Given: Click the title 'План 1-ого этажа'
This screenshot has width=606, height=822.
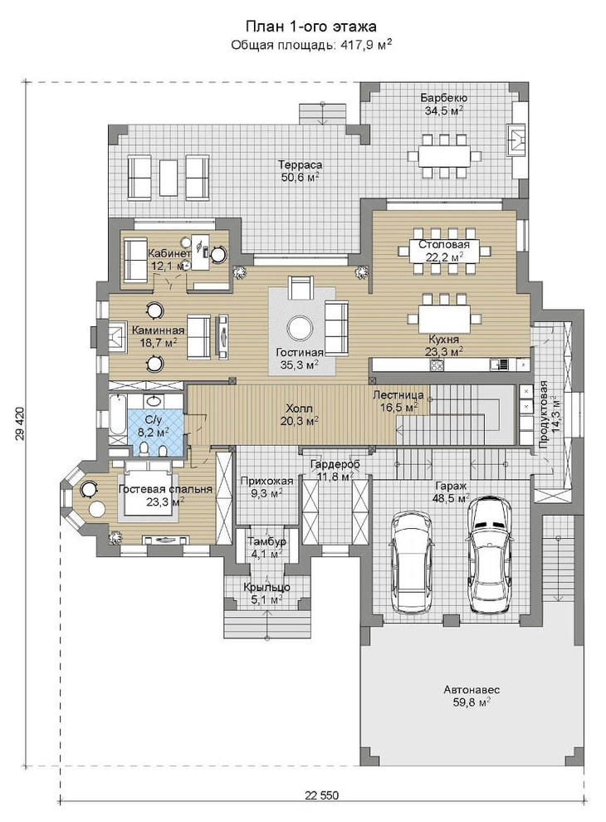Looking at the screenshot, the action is [310, 27].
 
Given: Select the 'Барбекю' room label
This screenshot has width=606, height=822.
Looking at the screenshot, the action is [444, 98].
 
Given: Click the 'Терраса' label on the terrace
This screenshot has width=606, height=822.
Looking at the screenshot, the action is [301, 164].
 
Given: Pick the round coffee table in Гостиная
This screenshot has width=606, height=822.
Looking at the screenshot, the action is [301, 329].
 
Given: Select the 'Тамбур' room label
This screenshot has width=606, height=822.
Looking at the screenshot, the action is [266, 541].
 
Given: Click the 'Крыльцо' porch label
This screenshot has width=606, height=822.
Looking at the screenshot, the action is [266, 587].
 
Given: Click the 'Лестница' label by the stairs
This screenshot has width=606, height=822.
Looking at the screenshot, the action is [398, 394].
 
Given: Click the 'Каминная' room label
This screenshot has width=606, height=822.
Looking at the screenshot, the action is [158, 330].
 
